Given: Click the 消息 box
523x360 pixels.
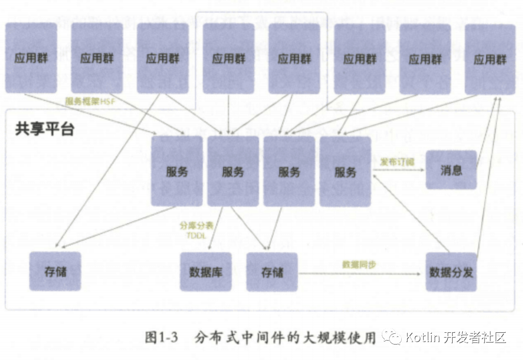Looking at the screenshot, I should pos(451,170).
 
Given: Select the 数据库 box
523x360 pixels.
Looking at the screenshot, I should pos(206,272).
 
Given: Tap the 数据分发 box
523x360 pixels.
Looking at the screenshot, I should pos(451,272).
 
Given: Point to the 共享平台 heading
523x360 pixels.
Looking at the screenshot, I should pos(44,130).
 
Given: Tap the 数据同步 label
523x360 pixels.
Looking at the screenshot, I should pos(359,265).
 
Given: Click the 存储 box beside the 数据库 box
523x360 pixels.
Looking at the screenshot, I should pos(272,272).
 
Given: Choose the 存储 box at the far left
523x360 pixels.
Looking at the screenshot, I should pos(55,271).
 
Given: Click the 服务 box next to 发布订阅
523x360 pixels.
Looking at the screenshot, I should pos(345,171).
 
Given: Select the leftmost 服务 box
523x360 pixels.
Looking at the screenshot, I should pos(177,171).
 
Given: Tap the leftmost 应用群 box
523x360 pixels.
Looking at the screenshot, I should pos(31,58).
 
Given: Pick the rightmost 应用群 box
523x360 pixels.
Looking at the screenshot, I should pos(490,59).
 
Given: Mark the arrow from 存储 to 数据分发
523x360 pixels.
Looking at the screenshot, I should pos(359,274).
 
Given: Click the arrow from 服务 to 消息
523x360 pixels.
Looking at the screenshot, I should pos(398,170).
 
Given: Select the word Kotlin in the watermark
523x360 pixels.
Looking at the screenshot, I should pos(423,337).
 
